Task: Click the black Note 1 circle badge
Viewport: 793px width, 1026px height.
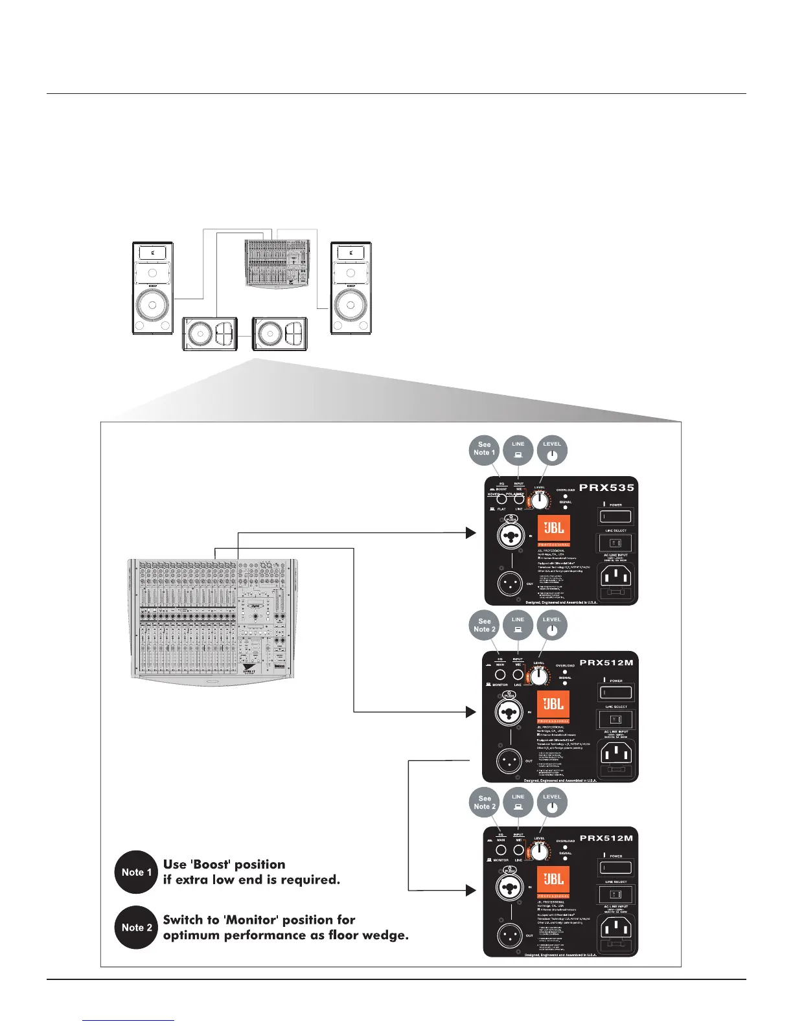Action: coord(136,872)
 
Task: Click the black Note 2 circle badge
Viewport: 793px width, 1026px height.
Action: coord(136,928)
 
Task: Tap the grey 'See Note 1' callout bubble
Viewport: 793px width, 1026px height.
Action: coord(484,449)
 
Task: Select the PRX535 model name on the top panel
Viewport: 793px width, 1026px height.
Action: coord(606,488)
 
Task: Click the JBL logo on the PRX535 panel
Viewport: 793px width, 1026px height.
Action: coord(554,529)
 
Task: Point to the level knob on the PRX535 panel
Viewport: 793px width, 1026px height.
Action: coord(539,501)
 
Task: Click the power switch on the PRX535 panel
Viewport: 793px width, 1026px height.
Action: coord(615,517)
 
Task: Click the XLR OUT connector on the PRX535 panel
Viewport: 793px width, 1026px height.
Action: coord(510,584)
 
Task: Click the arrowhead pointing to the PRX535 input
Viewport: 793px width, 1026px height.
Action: coord(471,532)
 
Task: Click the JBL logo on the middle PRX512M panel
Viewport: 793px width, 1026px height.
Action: coord(553,704)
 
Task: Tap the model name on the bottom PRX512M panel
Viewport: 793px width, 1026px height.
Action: coord(606,838)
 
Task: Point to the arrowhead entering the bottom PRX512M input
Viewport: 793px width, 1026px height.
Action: coord(471,890)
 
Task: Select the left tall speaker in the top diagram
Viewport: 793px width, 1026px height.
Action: coord(153,288)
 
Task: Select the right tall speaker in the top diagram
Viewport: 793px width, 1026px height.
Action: coord(351,288)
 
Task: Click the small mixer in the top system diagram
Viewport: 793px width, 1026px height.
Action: coord(278,263)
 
